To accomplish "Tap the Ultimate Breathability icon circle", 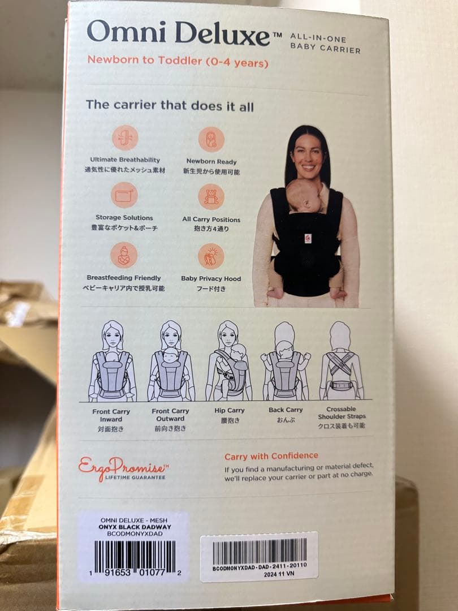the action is [125, 137].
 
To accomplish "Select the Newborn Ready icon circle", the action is [211, 140].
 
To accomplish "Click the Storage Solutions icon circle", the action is [124, 195].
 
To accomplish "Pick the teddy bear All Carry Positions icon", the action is [211, 197].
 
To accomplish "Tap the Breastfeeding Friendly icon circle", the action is [124, 255].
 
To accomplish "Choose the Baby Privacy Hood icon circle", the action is [211, 256].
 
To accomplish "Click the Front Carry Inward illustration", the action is [112, 361].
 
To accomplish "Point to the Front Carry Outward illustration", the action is [171, 361].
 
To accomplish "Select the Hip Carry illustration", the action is [228, 361].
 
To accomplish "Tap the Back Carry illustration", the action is [286, 361].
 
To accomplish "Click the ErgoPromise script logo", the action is [123, 468].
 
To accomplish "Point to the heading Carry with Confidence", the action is [271, 456].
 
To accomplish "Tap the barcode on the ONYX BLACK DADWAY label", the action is [135, 556].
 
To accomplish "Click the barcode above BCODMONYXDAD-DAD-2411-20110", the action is [260, 551].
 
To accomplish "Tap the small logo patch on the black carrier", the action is [308, 238].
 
